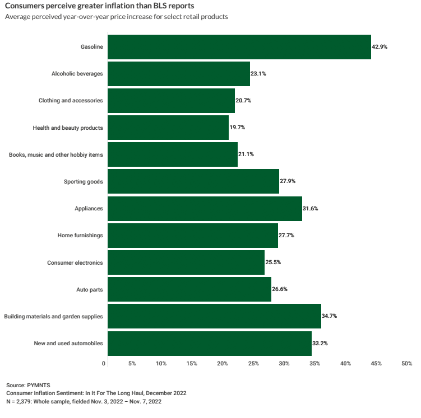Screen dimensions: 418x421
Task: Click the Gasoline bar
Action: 239,47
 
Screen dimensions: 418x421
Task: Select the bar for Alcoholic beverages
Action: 178,74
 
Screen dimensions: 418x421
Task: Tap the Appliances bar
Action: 205,208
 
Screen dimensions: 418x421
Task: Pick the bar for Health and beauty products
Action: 168,128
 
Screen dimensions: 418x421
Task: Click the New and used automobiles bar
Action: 209,343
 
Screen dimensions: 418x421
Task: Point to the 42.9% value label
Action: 380,47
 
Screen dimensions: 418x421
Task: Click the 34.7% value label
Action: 329,316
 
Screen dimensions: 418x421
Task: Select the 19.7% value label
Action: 237,128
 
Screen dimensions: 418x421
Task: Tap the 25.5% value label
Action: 272,262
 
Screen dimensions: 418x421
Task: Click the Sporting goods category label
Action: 84,181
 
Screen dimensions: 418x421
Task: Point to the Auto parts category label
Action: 90,289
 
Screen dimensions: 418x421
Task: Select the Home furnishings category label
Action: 80,236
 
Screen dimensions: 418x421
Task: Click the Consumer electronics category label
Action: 75,262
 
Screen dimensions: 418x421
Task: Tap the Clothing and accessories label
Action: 71,101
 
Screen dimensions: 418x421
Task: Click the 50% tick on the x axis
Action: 406,364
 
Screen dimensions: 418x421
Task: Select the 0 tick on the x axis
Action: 104,364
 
